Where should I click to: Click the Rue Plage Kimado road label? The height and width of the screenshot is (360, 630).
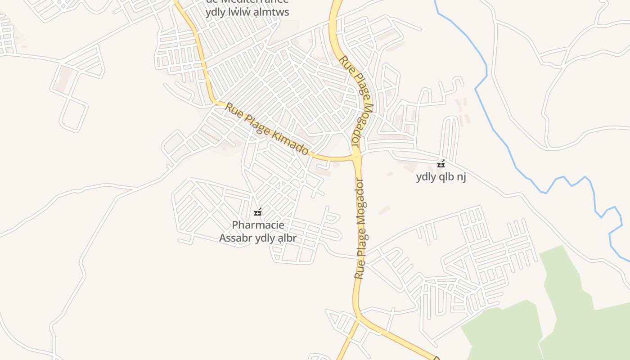267,129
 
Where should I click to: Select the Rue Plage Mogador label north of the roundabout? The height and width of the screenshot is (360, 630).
357,100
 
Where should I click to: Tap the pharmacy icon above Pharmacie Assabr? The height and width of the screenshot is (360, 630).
258,212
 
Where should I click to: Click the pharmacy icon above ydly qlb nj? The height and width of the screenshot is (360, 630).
441,164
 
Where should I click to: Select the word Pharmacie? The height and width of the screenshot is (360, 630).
258,225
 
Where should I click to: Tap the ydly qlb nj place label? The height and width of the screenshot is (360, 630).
441,177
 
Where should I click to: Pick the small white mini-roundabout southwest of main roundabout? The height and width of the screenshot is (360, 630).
303,182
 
